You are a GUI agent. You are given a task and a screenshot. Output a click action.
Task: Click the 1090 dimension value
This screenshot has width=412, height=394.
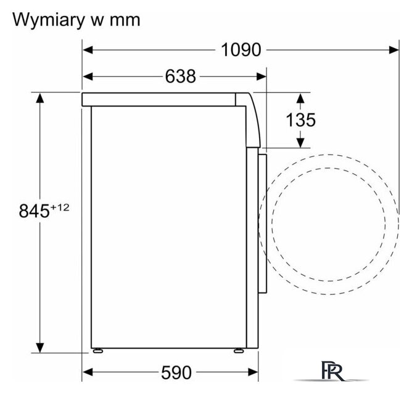click(x=241, y=50)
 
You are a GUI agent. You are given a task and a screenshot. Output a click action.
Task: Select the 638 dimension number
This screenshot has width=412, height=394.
click(x=181, y=76)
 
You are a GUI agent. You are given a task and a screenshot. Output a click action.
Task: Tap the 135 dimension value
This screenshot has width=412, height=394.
click(x=300, y=120)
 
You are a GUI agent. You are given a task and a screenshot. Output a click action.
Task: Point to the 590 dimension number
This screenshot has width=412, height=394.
click(x=176, y=372)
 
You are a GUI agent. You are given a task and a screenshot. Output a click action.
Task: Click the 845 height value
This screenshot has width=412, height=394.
click(x=34, y=211)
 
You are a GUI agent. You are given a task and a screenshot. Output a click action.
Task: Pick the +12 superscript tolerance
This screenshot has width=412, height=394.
click(x=60, y=207)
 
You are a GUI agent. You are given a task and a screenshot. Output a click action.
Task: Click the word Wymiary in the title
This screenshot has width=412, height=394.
click(x=48, y=20)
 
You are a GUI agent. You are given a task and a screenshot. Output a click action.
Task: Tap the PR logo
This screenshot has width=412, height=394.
click(x=332, y=371)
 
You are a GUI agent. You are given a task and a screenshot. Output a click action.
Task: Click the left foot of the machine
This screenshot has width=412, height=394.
click(x=97, y=351)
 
